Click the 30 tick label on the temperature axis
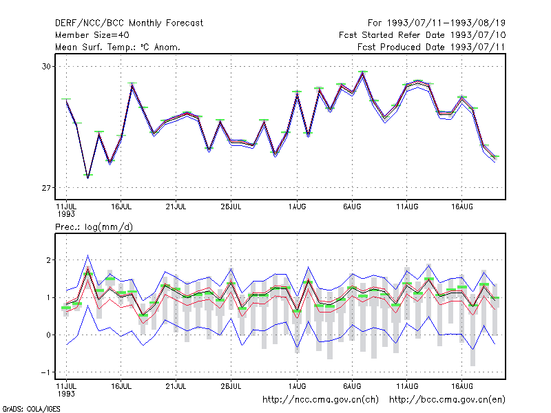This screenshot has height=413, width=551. (46, 66)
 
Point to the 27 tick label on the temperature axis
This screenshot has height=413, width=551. (46, 188)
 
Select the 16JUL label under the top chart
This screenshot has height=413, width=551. (121, 206)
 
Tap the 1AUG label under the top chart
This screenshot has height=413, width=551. (298, 206)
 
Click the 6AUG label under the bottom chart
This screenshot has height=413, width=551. (352, 386)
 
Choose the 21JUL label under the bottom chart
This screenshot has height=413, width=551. (176, 386)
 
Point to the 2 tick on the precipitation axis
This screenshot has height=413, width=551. (49, 260)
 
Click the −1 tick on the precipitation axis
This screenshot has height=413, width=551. (45, 372)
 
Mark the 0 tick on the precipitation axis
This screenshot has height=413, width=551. (49, 335)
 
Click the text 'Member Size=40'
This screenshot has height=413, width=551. (92, 35)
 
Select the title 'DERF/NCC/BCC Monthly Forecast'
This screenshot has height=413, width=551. (129, 23)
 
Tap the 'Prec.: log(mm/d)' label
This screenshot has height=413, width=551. (94, 227)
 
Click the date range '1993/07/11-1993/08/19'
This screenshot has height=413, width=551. (446, 23)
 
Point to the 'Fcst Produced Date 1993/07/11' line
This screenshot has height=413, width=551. (432, 47)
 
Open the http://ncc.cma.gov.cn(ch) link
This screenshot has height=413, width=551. (320, 400)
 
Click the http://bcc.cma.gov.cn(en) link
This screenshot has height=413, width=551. (447, 400)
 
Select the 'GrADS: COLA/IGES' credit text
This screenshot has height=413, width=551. (31, 409)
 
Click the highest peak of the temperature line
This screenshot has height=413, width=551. (363, 73)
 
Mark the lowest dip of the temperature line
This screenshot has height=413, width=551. (88, 177)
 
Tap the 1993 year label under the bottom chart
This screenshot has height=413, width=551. (66, 394)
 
